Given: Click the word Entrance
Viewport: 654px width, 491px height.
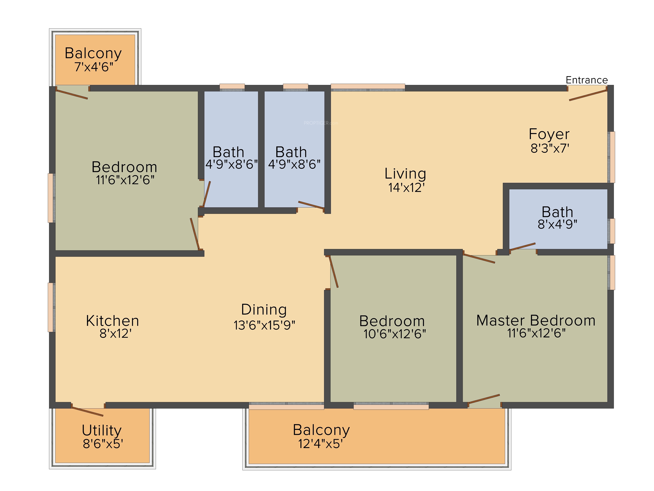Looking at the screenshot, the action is click(x=587, y=80).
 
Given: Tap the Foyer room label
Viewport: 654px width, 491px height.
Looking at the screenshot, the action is click(x=549, y=134).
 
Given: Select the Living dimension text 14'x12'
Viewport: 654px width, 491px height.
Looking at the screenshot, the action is click(x=406, y=188).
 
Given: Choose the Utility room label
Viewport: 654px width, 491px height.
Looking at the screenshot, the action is click(x=102, y=430).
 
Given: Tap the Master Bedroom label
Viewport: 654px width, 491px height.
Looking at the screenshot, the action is click(x=536, y=320).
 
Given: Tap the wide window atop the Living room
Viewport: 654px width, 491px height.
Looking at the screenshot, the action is click(x=368, y=87).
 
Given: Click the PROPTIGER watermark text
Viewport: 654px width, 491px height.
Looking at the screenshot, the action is click(x=321, y=123).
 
